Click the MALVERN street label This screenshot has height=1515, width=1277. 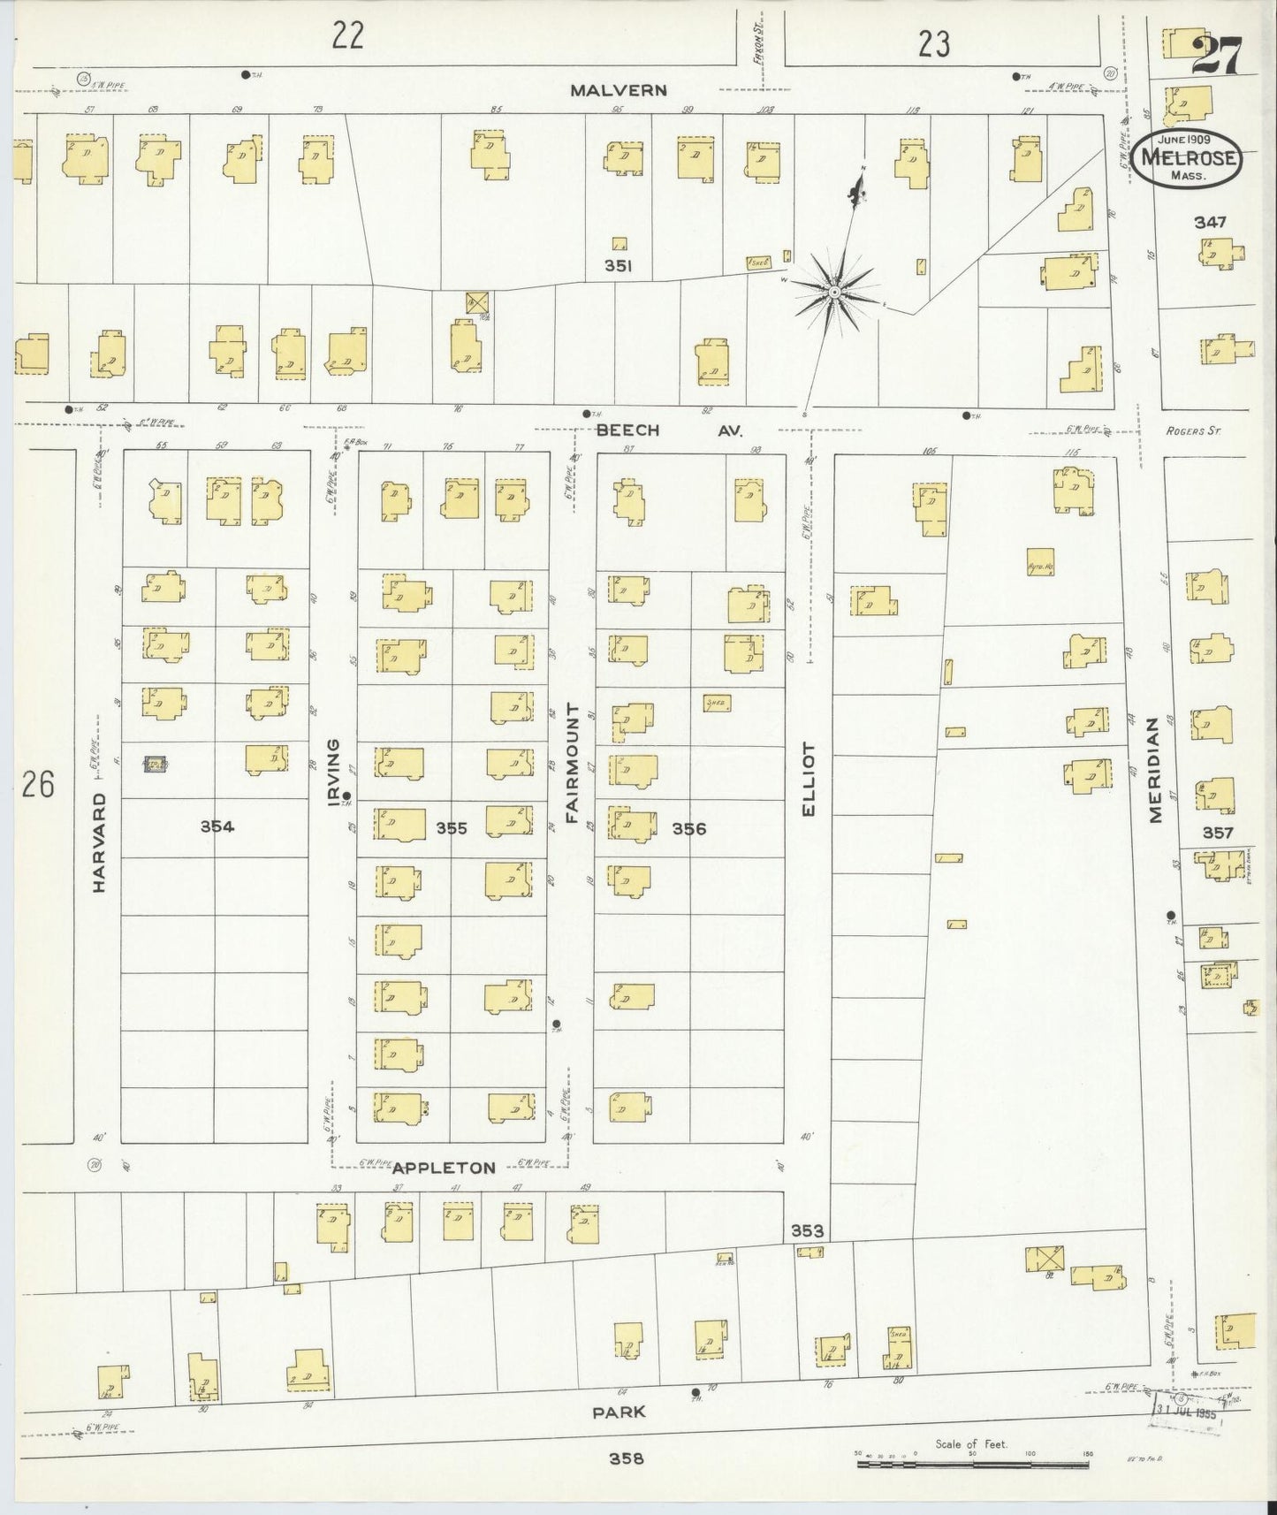[618, 90]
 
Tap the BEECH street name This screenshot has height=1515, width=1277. [627, 430]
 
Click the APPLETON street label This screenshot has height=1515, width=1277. [444, 1168]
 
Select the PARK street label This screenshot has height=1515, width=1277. [619, 1412]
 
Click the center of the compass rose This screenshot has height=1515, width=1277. [833, 291]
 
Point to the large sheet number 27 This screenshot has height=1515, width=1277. [1217, 57]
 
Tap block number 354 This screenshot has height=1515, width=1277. [217, 826]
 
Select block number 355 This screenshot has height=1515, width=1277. [452, 828]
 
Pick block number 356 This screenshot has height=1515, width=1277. [689, 828]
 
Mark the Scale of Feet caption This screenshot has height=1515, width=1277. [971, 1444]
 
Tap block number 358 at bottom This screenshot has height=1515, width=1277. [626, 1458]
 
